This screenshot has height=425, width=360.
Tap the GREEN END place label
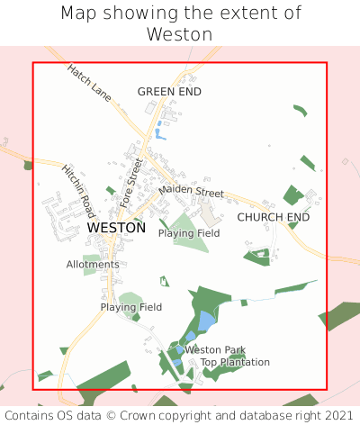click(x=169, y=92)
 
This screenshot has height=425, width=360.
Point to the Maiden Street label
click(x=191, y=192)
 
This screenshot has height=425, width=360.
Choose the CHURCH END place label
click(x=273, y=218)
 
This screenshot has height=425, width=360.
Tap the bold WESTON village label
click(x=116, y=229)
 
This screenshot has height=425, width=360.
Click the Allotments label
click(x=93, y=265)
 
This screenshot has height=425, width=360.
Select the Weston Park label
click(x=215, y=349)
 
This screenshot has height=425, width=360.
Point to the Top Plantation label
click(x=235, y=362)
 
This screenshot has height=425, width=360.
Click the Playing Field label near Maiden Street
click(x=189, y=233)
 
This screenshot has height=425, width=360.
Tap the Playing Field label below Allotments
click(x=131, y=307)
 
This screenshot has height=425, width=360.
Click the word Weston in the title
click(x=180, y=34)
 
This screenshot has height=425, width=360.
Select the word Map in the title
click(x=78, y=14)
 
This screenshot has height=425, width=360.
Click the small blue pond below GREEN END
click(x=159, y=135)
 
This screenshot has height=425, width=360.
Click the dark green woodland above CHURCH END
click(x=292, y=194)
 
